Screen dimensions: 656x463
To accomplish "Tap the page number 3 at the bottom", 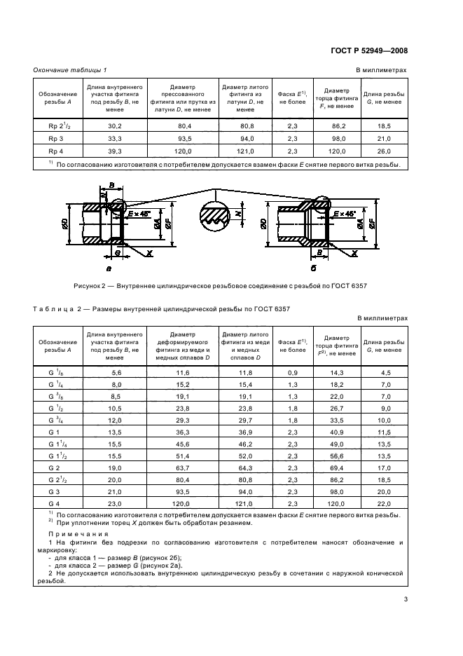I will click(406, 599).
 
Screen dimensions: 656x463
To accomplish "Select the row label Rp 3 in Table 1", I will click(57, 138).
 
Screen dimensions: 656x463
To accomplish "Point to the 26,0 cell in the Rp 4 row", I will click(384, 151).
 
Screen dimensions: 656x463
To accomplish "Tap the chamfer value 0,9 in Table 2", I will click(293, 374).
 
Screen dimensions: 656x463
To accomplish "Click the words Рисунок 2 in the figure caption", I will click(92, 286).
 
